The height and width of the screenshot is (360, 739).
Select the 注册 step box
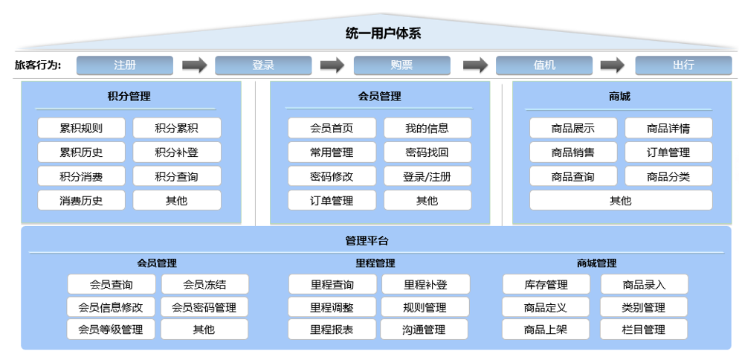click(125, 65)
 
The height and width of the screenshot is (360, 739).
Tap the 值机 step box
click(544, 65)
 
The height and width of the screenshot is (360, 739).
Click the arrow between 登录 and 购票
click(332, 65)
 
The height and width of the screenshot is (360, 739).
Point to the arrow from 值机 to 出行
click(612, 65)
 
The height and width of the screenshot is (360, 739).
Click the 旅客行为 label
click(38, 65)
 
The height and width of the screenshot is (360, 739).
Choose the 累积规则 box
click(81, 128)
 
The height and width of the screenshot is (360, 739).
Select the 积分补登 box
click(177, 152)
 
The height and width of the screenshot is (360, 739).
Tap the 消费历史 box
click(81, 201)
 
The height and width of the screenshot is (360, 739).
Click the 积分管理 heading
click(129, 97)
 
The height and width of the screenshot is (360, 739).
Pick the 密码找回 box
click(427, 152)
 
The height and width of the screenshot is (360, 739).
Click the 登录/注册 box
click(427, 176)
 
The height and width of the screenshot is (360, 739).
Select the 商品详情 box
click(668, 128)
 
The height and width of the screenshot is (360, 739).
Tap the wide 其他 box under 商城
click(621, 201)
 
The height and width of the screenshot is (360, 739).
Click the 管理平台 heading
click(367, 241)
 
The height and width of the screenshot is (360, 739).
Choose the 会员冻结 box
click(204, 285)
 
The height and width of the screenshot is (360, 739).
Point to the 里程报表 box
click(332, 330)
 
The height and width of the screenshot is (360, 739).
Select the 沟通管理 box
click(425, 330)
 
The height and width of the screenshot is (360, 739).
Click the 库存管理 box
click(546, 285)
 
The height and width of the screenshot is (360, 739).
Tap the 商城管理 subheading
click(597, 263)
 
